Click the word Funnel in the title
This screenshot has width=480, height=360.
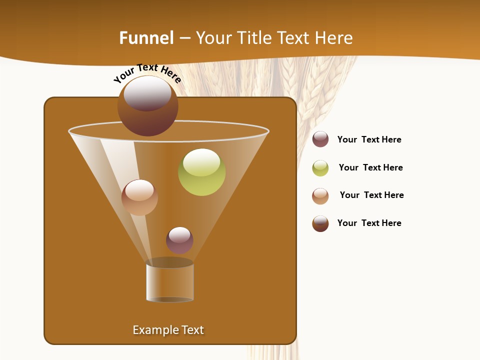(146, 38)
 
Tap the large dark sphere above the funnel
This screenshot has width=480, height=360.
(148, 106)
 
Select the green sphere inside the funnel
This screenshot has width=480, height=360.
(202, 172)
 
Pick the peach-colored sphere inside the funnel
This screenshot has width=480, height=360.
(139, 197)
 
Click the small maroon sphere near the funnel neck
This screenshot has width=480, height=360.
(179, 240)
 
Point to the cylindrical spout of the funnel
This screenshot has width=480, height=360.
(169, 282)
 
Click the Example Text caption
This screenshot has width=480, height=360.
(168, 330)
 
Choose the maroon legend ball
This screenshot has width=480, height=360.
(320, 139)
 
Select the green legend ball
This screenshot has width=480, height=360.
(320, 168)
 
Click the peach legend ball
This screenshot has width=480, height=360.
(320, 196)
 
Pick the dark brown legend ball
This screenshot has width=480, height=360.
(320, 223)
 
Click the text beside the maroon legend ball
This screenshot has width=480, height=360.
(369, 139)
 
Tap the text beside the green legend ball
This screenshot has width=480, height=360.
(370, 167)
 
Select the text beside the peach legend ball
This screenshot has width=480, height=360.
(371, 195)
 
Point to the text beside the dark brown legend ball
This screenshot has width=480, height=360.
(369, 223)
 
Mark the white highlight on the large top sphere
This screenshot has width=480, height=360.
(147, 93)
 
